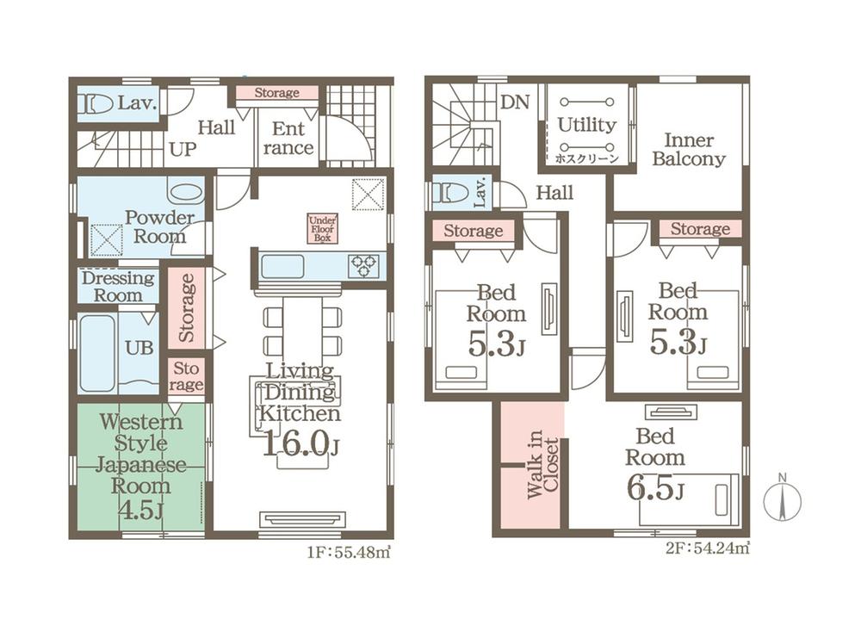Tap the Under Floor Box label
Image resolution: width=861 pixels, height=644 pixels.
(322, 228)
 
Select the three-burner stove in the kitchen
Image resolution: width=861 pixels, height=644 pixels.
(363, 265)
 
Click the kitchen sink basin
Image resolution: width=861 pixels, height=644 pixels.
(282, 266)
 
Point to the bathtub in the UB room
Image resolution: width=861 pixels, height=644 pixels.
(98, 352)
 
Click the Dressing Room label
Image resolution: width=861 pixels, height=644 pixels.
(118, 286)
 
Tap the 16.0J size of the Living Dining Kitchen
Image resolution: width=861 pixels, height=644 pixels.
(300, 443)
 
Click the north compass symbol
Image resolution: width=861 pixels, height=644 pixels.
(782, 498)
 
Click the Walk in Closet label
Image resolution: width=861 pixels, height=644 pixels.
(542, 464)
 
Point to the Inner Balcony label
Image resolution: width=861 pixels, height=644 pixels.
(689, 149)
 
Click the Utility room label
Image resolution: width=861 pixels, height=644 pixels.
(587, 125)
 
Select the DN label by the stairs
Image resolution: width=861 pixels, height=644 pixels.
(515, 102)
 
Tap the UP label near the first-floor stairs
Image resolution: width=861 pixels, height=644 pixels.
(183, 149)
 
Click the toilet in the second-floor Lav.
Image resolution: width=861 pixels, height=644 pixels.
(450, 193)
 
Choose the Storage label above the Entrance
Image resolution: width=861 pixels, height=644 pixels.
(276, 93)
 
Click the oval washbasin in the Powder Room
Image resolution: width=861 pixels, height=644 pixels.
(186, 193)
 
